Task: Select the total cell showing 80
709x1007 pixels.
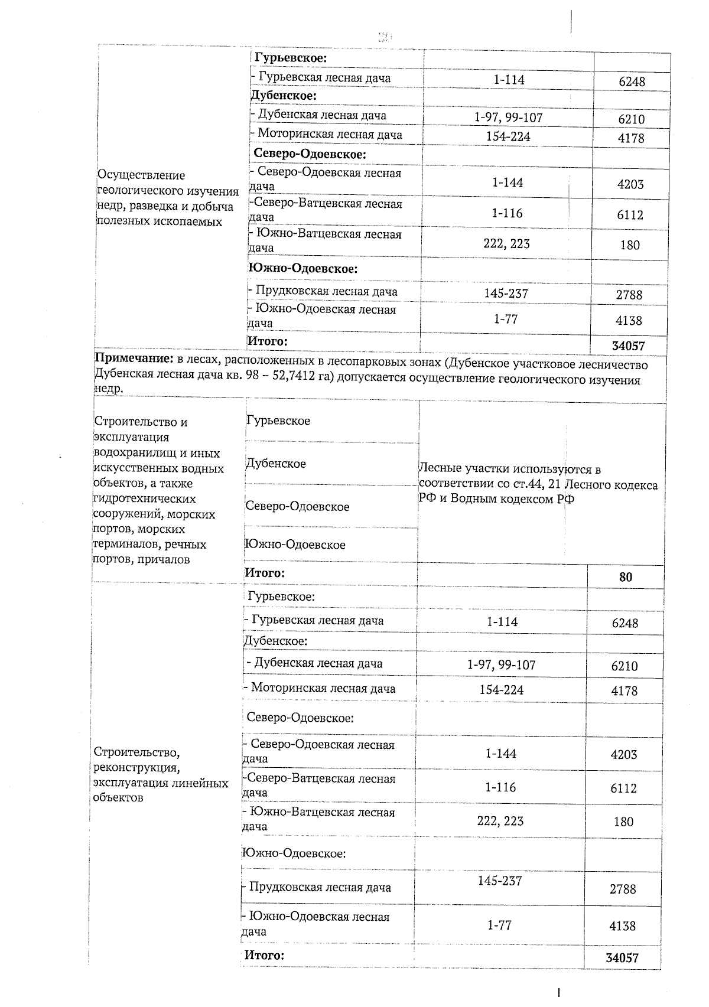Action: (x=626, y=577)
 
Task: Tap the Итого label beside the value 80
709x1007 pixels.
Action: (x=265, y=573)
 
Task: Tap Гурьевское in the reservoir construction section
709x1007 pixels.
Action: (x=278, y=421)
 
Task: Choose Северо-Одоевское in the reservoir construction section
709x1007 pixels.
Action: (x=298, y=507)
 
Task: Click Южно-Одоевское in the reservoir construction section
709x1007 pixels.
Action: (x=295, y=545)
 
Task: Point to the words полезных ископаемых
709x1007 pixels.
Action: (x=160, y=221)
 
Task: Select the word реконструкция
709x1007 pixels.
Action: (x=136, y=768)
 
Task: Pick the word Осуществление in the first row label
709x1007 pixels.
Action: (x=141, y=175)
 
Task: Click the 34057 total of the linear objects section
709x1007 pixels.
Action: (x=622, y=959)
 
